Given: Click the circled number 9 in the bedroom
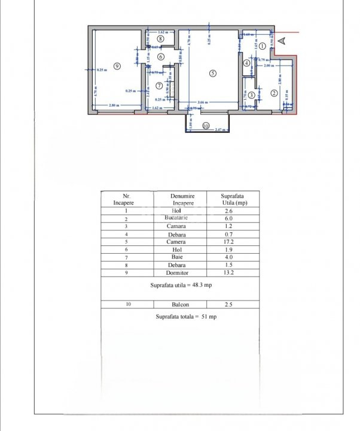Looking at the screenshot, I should tap(118, 66).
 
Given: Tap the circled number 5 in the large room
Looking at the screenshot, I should tap(212, 74).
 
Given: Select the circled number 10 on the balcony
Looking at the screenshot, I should tap(206, 126).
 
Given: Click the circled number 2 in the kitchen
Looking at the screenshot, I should tap(273, 93).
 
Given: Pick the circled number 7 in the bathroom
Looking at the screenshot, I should tap(158, 85).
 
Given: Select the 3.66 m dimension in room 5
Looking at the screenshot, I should tap(202, 102).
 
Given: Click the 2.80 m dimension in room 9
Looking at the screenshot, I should tap(112, 106).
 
